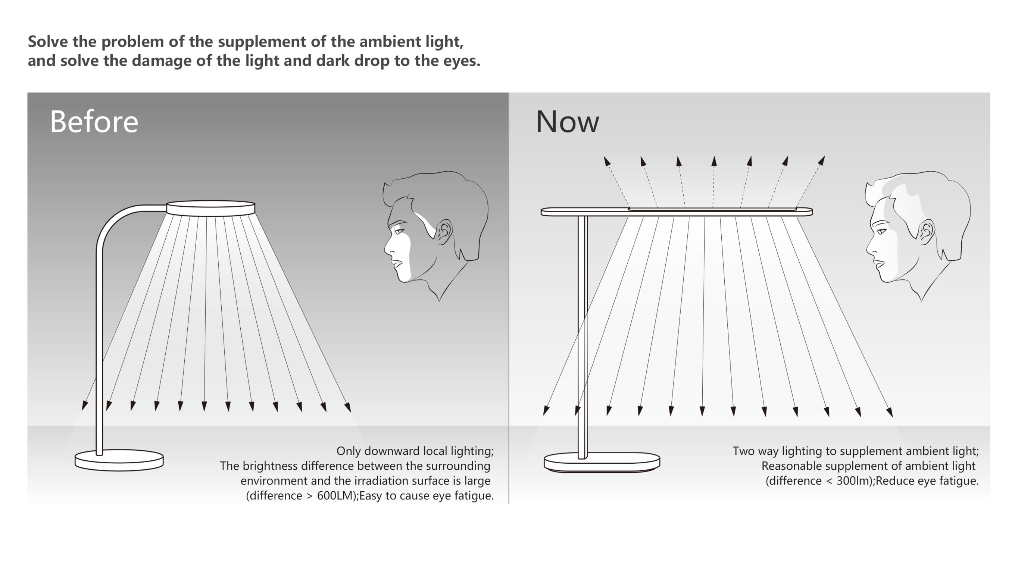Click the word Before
(x=94, y=122)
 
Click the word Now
(x=567, y=122)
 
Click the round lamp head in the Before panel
(x=210, y=208)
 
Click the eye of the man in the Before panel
(x=398, y=231)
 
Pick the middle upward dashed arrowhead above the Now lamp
(x=714, y=161)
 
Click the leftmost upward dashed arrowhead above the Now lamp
(x=607, y=161)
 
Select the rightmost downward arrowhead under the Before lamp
(x=348, y=407)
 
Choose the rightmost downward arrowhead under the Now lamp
(x=890, y=412)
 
